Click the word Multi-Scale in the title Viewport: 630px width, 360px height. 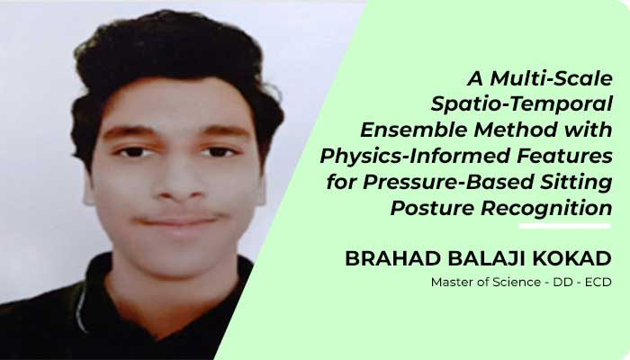pos(551,78)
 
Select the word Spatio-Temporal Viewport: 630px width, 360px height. pos(521,104)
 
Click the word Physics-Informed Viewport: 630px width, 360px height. pos(415,156)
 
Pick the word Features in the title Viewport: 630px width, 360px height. pos(564,156)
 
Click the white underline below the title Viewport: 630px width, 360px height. pos(564,226)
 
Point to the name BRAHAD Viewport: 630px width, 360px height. pos(393,259)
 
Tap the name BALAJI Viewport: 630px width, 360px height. pos(487,259)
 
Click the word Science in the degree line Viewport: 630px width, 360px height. pos(517,283)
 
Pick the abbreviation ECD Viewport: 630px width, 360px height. pos(598,283)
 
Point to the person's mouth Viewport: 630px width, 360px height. pos(178,221)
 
